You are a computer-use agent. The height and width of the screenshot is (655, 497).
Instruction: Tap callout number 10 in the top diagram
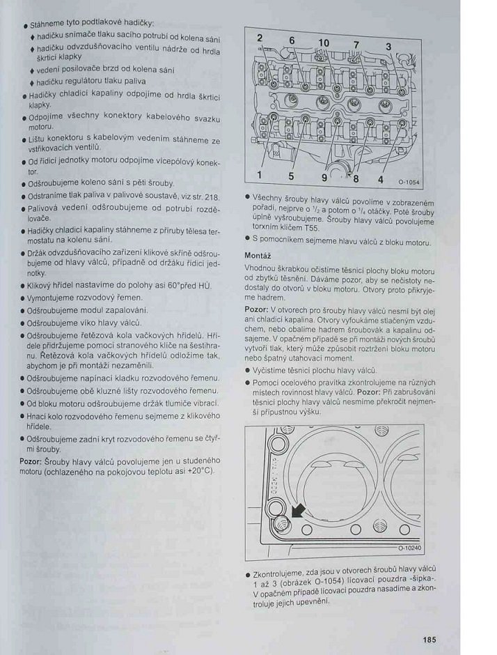click(x=324, y=43)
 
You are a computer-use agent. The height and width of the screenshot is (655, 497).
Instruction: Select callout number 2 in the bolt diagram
click(x=259, y=37)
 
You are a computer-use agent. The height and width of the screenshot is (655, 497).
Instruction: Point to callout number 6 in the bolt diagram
click(x=292, y=40)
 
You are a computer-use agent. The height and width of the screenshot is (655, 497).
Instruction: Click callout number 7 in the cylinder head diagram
click(x=356, y=45)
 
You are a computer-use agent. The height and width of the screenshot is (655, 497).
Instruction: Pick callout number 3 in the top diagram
click(x=388, y=47)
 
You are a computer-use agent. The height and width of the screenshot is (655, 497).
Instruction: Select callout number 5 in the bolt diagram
click(x=291, y=176)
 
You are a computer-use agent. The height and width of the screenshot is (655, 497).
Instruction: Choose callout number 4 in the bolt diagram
click(x=380, y=179)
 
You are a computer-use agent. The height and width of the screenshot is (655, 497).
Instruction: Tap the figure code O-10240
click(x=410, y=548)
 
